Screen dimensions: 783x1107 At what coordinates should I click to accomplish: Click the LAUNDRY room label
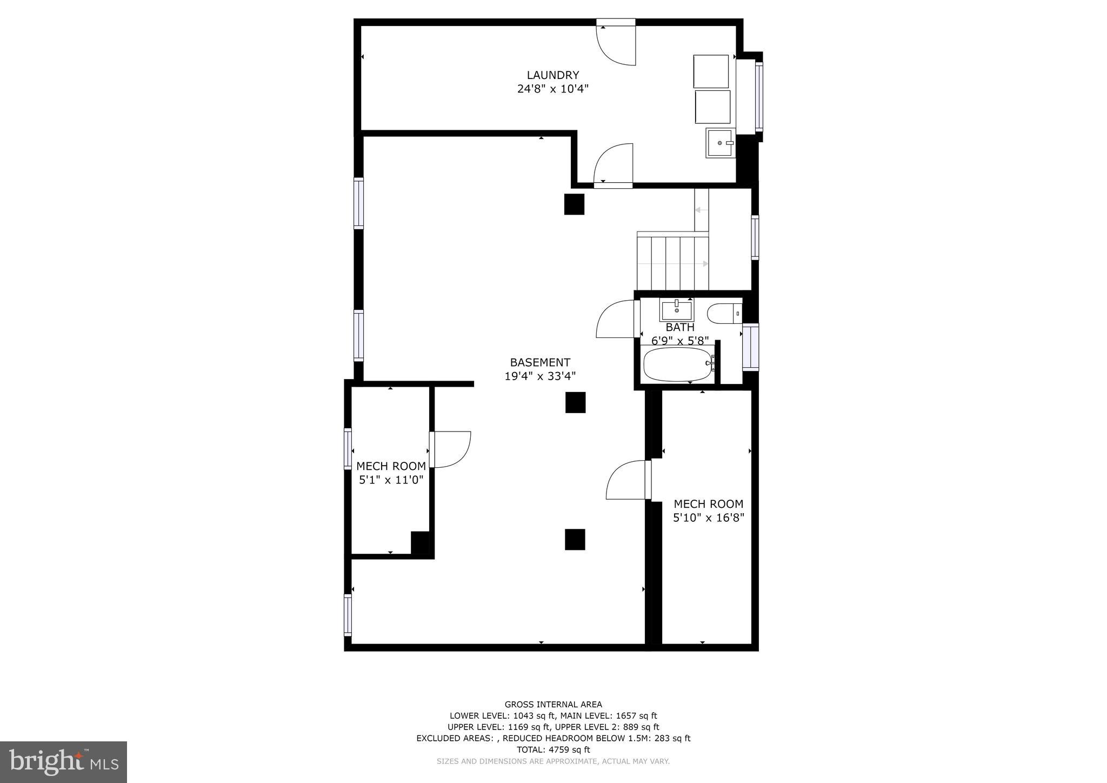(x=552, y=75)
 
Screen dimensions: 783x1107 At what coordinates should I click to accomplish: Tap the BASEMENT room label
(x=540, y=362)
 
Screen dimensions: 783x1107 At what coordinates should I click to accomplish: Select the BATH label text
(x=679, y=327)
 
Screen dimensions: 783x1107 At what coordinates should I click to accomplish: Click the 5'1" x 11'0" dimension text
(x=391, y=480)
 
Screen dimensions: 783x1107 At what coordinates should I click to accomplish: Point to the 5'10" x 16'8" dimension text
(x=708, y=517)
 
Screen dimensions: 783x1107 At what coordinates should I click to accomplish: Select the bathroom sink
(x=677, y=310)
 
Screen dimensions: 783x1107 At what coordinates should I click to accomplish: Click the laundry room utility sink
(x=719, y=143)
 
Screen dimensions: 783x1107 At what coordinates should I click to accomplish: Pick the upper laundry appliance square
(x=711, y=71)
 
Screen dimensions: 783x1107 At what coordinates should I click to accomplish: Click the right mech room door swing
(x=626, y=480)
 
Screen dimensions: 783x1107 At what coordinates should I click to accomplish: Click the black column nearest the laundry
(x=574, y=204)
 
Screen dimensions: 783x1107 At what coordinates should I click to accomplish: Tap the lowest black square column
(x=575, y=539)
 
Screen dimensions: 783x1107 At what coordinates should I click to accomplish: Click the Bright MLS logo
(x=63, y=762)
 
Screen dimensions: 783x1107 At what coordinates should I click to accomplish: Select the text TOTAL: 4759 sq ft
(x=553, y=749)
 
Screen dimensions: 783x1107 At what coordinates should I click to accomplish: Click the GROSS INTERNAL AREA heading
(x=553, y=704)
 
